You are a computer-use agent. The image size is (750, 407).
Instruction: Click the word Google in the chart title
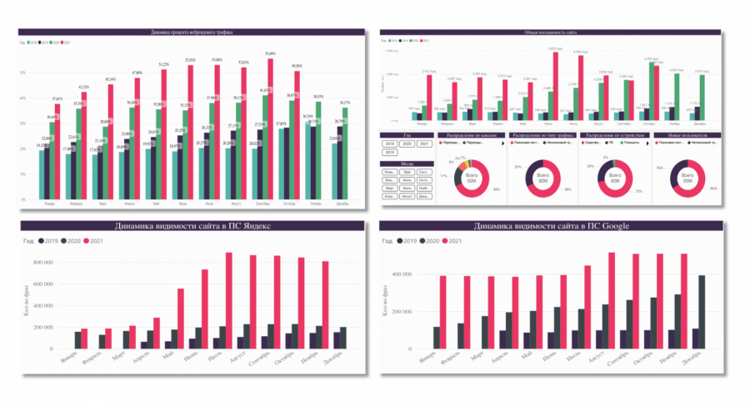613,226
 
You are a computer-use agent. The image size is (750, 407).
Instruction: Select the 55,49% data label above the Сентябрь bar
270,53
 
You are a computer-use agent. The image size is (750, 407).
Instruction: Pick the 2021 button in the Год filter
423,143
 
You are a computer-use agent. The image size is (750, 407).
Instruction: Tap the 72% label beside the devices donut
638,191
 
